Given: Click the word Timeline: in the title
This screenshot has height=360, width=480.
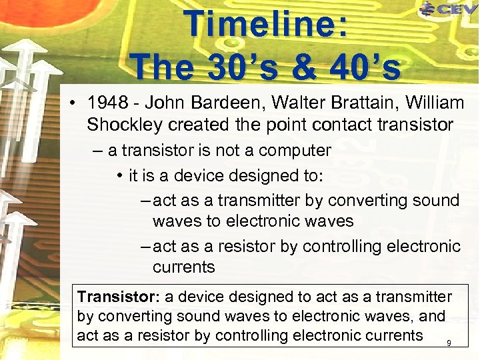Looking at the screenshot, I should point(267,25).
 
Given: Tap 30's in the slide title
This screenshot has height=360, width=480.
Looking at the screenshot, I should point(231,67).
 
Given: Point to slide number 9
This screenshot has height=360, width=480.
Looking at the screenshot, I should point(449,343).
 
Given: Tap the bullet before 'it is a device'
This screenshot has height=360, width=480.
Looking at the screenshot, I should point(117,176).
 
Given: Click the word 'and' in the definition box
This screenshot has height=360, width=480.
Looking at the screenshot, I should point(432,316).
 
